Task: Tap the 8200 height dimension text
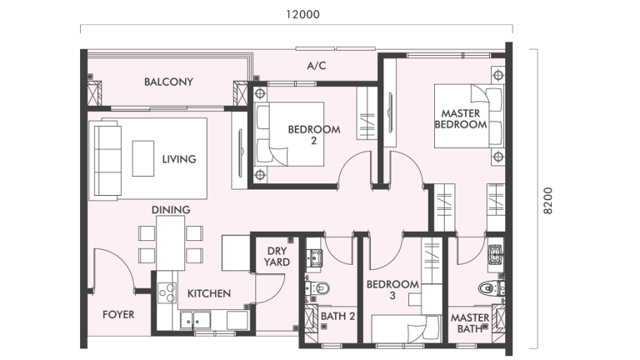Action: [547, 200]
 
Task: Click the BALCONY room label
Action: [168, 82]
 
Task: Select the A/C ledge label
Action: [316, 65]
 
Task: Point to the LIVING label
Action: [178, 159]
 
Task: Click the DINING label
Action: [171, 210]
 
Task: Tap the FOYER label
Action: [118, 315]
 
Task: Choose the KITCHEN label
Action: [208, 293]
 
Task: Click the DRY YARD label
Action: [277, 257]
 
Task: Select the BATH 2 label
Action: [338, 317]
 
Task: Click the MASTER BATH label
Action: [470, 323]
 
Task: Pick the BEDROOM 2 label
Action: [314, 134]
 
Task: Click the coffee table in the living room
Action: [143, 157]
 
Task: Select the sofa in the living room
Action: [106, 158]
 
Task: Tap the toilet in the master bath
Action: [489, 289]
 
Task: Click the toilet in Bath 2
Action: [323, 289]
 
